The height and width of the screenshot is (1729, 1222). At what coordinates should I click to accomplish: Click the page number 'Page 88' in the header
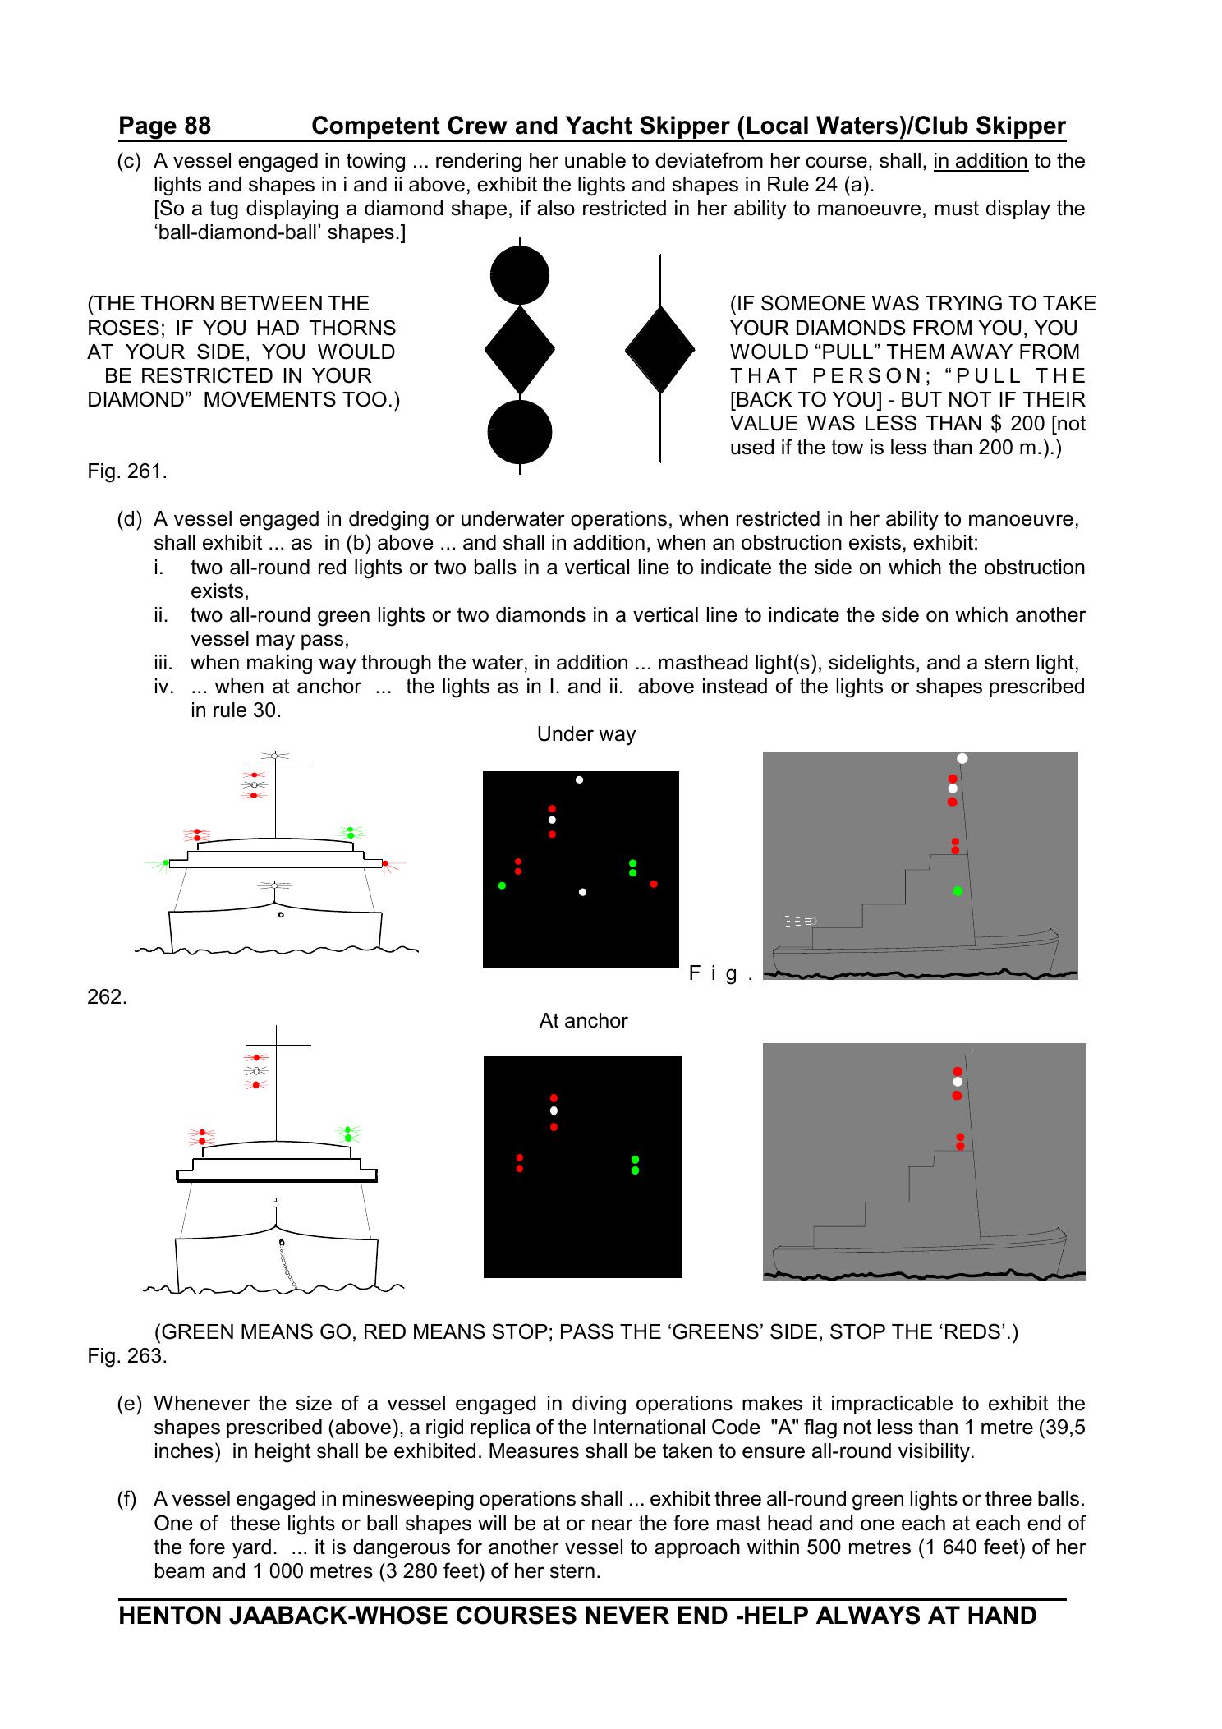[164, 126]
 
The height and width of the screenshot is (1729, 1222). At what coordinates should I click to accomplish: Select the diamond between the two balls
[520, 351]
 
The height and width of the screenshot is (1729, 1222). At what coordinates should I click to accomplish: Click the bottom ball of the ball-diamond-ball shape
[519, 433]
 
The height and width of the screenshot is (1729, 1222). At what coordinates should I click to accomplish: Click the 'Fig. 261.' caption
[127, 472]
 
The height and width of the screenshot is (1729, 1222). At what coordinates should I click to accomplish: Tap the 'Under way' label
[586, 734]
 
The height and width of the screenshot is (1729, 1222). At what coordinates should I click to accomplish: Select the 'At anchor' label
[583, 1021]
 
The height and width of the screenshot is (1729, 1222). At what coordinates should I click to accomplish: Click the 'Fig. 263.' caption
[127, 1356]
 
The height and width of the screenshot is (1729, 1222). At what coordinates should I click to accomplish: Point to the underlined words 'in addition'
[981, 161]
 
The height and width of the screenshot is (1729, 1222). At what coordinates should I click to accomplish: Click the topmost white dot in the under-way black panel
[579, 779]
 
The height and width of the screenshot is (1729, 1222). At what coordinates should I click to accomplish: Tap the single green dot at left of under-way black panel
[502, 885]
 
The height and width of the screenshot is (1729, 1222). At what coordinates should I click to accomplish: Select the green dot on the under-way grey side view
[958, 891]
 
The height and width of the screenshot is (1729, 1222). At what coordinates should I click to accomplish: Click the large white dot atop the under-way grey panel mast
[962, 758]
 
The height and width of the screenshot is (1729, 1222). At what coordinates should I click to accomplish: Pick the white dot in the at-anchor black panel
[554, 1111]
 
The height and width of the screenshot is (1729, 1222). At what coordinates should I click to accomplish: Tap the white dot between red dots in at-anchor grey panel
[958, 1082]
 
